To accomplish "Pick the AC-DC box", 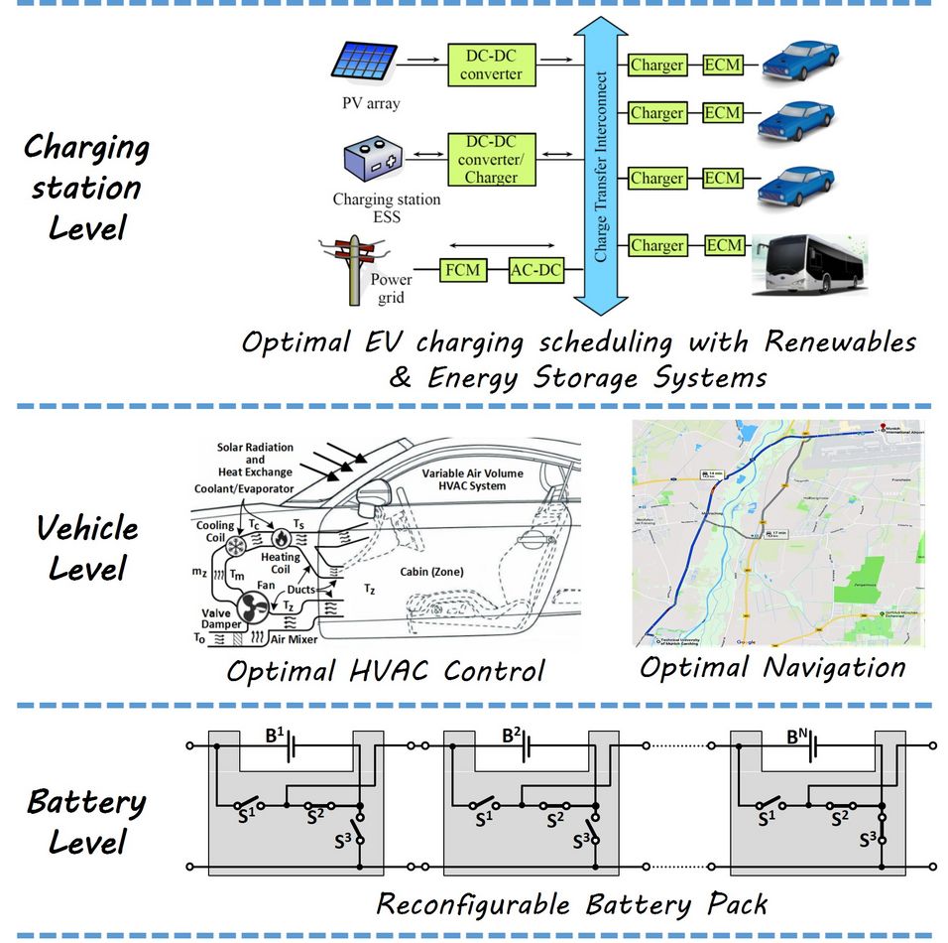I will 535,269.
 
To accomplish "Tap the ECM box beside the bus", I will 723,245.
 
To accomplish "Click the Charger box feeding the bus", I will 656,245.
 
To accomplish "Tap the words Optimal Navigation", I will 771,666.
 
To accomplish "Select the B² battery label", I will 512,736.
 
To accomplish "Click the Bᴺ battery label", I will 798,736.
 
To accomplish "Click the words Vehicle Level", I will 87,548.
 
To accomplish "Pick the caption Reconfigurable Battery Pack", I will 572,904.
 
